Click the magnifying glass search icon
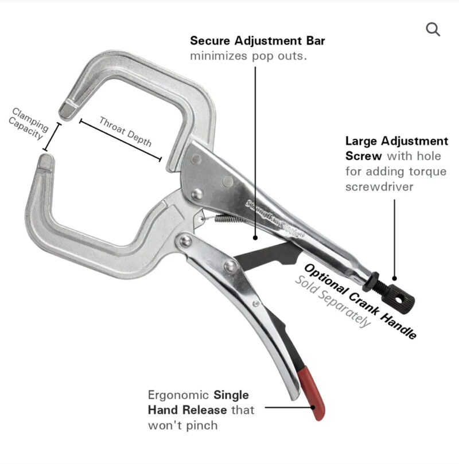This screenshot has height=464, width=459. [433, 29]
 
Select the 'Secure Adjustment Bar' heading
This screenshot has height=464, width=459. [258, 41]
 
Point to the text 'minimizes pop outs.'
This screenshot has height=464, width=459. [248, 57]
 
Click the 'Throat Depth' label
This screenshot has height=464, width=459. [125, 131]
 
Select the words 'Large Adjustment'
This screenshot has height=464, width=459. [396, 141]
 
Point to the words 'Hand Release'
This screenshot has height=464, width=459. [188, 410]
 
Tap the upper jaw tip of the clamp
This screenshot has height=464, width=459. [68, 110]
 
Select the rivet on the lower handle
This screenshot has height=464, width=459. [231, 266]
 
